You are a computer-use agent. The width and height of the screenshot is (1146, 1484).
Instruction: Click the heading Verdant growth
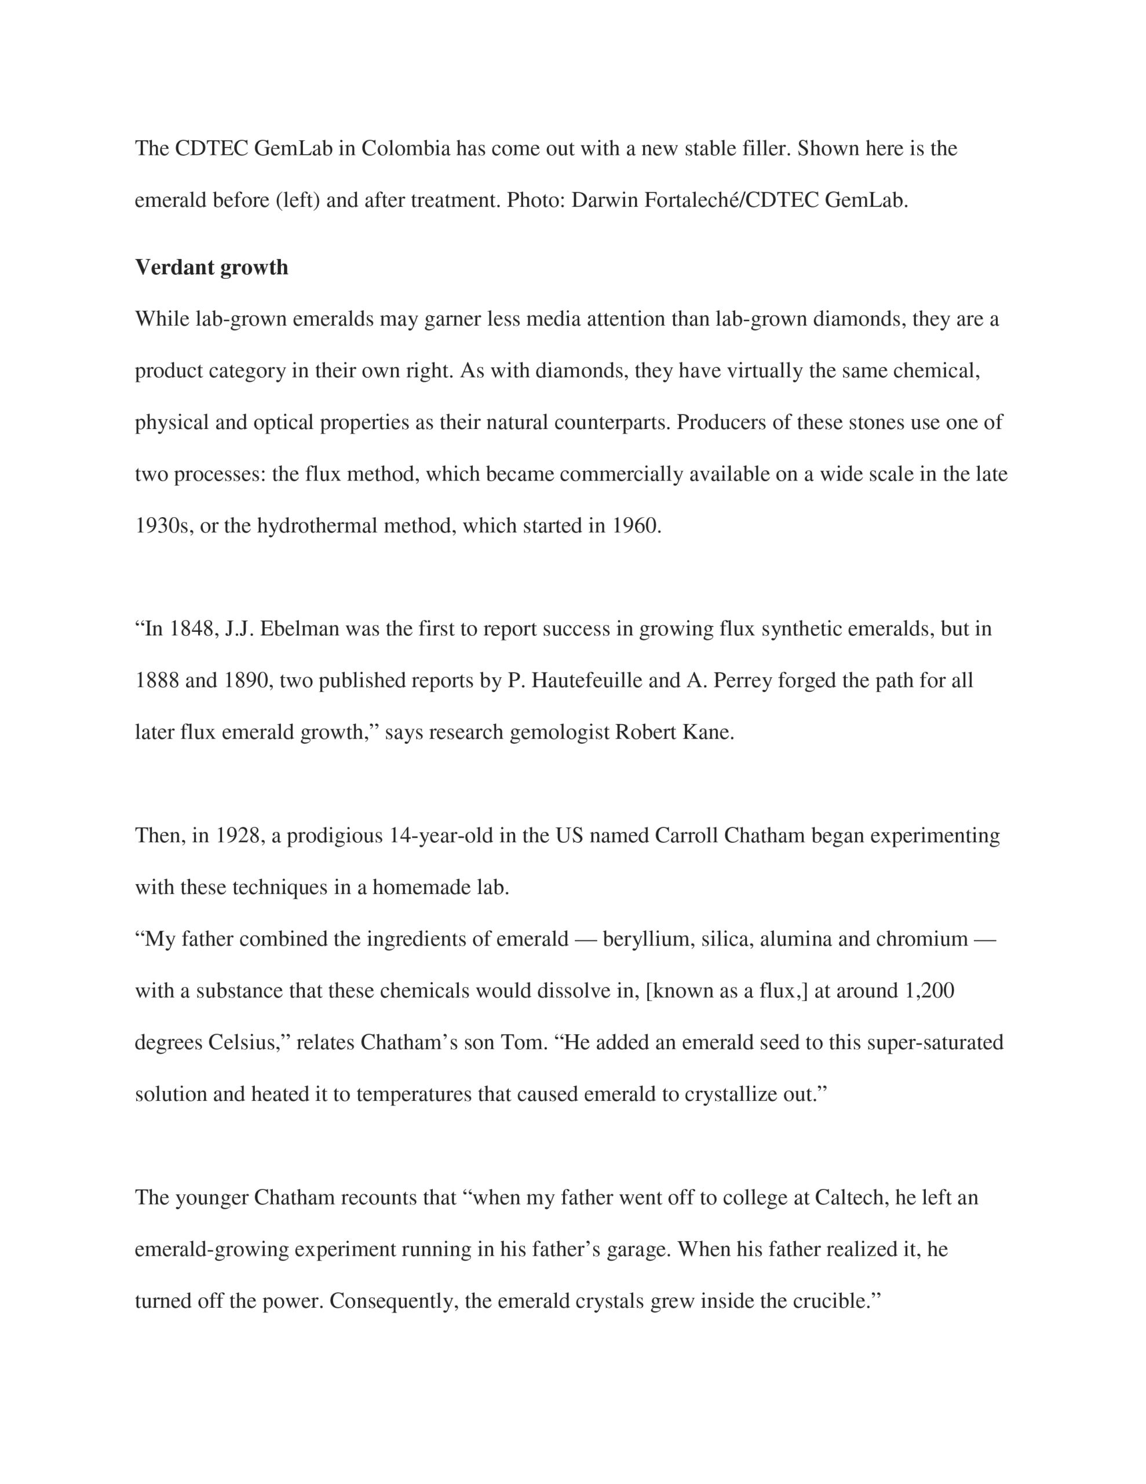[211, 268]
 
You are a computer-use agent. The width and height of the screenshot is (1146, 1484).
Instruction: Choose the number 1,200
[929, 991]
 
